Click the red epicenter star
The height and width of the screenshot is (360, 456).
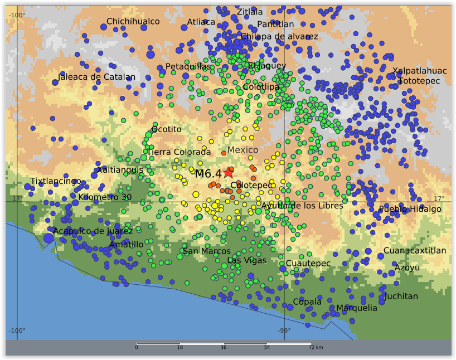click(228, 173)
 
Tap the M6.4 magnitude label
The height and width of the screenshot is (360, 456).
click(208, 174)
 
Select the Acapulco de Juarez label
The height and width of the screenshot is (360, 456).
click(93, 231)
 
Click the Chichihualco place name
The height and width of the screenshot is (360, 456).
click(133, 21)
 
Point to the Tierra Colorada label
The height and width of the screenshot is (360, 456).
click(178, 152)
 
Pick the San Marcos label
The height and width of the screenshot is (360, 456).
click(207, 251)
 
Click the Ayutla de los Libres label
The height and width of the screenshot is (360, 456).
click(302, 206)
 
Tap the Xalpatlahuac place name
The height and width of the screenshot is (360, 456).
click(419, 71)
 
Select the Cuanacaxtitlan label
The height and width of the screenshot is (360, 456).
click(415, 251)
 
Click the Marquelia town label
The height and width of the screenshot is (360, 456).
click(356, 308)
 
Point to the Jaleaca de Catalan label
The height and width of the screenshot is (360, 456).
click(96, 77)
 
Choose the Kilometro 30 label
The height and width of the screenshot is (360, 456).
click(105, 197)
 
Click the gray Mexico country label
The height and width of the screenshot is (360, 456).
click(242, 150)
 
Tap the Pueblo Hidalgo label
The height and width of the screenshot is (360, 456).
click(410, 209)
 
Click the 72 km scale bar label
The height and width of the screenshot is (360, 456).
click(316, 348)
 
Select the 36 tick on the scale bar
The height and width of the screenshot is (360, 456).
click(223, 348)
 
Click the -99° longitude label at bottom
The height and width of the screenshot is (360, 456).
click(284, 330)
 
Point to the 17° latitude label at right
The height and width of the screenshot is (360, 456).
click(439, 198)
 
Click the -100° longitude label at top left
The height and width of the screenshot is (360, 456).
click(17, 15)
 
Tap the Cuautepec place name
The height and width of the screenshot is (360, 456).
click(308, 263)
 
